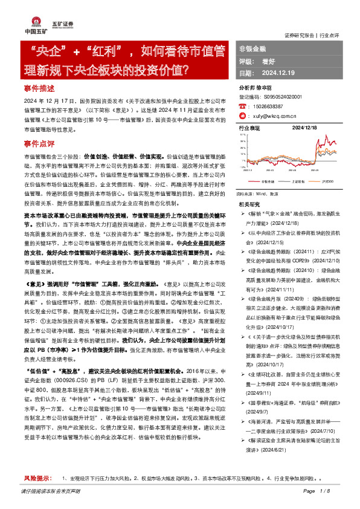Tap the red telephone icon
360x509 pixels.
coord(243,106)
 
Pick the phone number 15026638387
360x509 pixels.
coord(272,106)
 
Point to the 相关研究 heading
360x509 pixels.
coord(248,204)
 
